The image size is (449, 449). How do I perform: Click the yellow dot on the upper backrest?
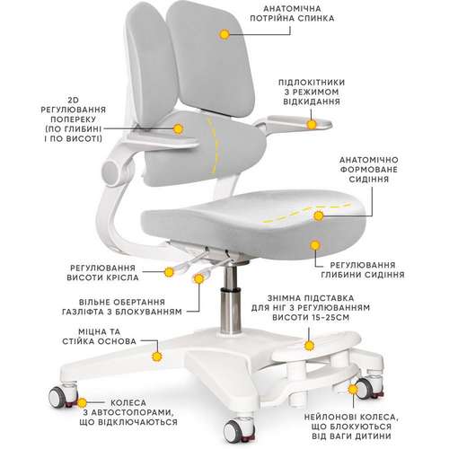224,34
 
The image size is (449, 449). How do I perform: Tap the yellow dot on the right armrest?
312,124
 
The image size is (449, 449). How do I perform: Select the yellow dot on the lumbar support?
178,129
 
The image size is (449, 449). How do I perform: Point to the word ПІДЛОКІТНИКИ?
312,83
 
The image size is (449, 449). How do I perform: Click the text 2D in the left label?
74,100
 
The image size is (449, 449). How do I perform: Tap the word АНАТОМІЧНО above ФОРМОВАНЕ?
368,160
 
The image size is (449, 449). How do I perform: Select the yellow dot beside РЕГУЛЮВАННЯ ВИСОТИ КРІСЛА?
169,272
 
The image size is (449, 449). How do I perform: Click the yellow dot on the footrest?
309,346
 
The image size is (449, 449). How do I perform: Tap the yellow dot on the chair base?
157,357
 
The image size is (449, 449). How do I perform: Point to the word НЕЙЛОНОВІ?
329,417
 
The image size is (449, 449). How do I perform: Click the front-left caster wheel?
58,397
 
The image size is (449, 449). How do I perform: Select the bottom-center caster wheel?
233,431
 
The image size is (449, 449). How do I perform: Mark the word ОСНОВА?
119,341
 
